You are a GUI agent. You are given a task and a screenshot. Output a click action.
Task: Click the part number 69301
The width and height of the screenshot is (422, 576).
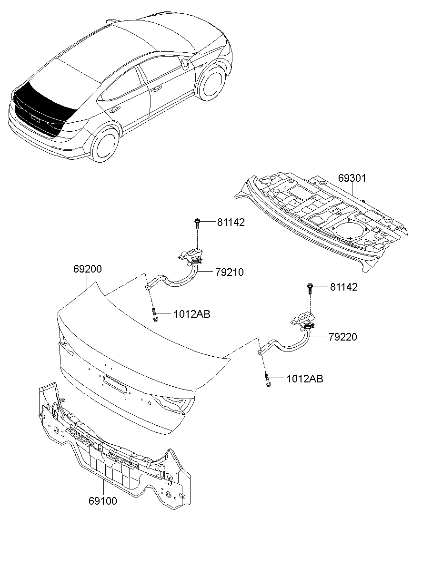(x=352, y=178)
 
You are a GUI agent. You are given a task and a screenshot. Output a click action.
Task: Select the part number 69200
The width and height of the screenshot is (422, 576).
(x=88, y=269)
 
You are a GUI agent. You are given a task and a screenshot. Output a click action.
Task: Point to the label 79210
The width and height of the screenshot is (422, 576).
(x=230, y=273)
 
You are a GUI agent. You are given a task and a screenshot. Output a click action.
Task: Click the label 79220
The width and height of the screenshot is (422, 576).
(x=343, y=337)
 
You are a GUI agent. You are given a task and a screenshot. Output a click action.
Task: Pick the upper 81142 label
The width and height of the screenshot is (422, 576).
(x=231, y=223)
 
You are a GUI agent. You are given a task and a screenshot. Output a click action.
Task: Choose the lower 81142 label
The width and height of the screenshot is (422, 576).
(x=344, y=287)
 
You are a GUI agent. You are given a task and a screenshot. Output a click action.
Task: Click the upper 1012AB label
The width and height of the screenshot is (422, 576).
(x=192, y=314)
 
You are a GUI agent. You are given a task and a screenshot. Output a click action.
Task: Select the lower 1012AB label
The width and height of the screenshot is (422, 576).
(x=305, y=379)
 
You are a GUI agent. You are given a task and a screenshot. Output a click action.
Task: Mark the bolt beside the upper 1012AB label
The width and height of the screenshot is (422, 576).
(x=155, y=314)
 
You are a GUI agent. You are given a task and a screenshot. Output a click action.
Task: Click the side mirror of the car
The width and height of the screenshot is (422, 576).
(x=185, y=64)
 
